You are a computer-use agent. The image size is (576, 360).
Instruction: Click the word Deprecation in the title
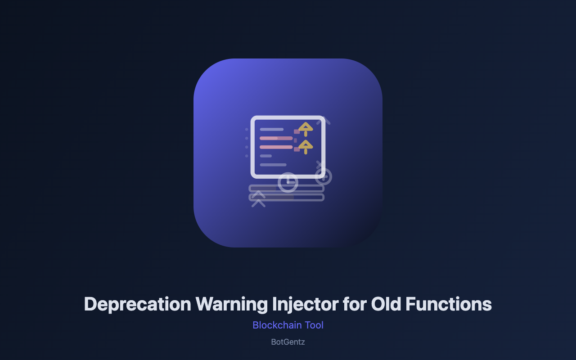coord(138,305)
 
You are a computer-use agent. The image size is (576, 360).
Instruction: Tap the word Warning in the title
coord(231,305)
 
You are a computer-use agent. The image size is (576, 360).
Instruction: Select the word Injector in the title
coord(305,305)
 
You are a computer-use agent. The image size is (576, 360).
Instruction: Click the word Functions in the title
coord(449,304)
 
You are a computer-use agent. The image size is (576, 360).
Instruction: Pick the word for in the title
coord(355,304)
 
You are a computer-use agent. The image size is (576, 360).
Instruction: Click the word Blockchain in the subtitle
coord(277,325)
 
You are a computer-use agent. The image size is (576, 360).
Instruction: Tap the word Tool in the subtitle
coord(314,325)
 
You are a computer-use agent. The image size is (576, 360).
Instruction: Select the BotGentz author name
coord(288,342)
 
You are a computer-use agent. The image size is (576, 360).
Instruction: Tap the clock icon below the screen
coord(288,182)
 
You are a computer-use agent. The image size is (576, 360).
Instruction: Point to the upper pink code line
coord(276,138)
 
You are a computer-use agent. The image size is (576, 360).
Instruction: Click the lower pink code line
coord(276,147)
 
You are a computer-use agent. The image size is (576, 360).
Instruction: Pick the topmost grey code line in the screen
coord(271,129)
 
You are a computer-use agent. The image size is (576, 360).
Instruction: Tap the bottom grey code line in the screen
coord(273,165)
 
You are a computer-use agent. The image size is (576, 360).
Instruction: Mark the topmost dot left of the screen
coord(247,129)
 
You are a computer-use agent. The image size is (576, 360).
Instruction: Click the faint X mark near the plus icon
coord(319,164)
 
